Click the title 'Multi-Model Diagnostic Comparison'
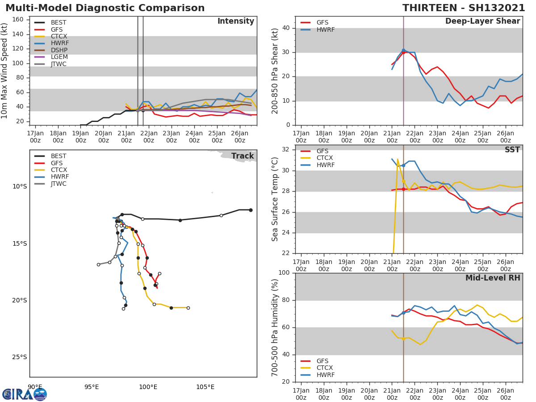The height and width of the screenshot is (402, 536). pyautogui.click(x=105, y=8)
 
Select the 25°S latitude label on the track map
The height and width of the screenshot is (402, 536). pyautogui.click(x=20, y=357)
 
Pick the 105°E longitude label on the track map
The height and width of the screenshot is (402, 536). pyautogui.click(x=205, y=387)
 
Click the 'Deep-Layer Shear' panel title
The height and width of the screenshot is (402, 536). pyautogui.click(x=482, y=21)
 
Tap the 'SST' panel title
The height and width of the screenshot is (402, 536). pyautogui.click(x=512, y=150)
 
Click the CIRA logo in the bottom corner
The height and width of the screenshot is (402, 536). pyautogui.click(x=25, y=394)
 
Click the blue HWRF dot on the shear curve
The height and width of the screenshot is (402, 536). pyautogui.click(x=403, y=50)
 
